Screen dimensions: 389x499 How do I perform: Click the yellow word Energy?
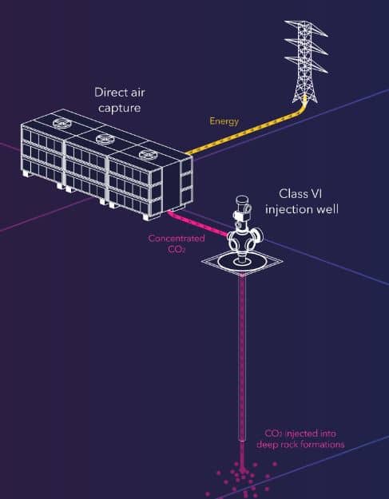coord(224,121)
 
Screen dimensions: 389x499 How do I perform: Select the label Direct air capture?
coord(119,100)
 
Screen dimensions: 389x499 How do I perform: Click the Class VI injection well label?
coord(301,202)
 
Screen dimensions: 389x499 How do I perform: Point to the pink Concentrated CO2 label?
coord(177,244)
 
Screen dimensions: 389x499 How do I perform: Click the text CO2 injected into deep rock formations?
coord(300,439)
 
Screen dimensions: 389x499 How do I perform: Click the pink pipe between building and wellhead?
coord(197,224)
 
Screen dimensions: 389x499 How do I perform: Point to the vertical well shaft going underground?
coord(242,358)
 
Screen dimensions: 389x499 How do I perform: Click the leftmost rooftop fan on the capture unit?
coord(62,122)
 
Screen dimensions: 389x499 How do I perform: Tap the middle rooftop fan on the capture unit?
coord(105,138)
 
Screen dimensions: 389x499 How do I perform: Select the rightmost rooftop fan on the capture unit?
coord(149,155)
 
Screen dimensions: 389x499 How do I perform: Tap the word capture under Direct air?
coord(119,109)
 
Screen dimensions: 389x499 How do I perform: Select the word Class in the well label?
coord(290,194)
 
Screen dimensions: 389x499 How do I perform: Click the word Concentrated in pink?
coord(177,239)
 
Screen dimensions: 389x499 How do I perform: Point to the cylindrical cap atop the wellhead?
coord(242,202)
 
